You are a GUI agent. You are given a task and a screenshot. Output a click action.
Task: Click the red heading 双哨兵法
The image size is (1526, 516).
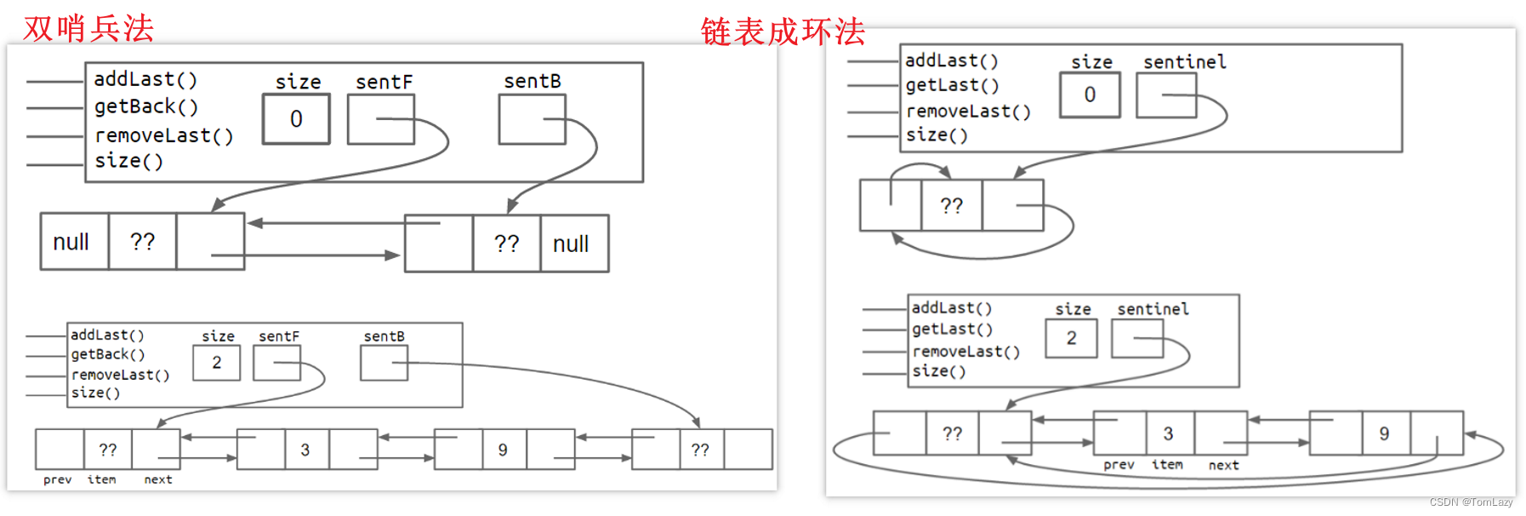[88, 28]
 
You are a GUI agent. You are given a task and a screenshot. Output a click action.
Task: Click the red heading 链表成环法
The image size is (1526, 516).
[783, 32]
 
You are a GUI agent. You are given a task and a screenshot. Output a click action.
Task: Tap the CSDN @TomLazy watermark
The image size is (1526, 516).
[1471, 502]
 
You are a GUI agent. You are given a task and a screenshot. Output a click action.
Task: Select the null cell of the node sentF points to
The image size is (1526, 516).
[71, 243]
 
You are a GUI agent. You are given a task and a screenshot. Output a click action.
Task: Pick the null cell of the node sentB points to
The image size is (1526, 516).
[571, 244]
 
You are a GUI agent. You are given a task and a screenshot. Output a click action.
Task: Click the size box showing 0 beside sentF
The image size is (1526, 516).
[296, 119]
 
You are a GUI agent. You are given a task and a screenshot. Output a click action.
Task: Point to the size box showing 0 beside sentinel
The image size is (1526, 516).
[1090, 95]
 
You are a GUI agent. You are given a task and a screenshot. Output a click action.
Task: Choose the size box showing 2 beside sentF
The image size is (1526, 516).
[217, 364]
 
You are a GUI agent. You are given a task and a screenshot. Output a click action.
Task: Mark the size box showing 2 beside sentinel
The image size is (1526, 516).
[1072, 339]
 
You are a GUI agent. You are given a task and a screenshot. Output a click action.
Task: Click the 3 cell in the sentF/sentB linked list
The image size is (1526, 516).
[305, 450]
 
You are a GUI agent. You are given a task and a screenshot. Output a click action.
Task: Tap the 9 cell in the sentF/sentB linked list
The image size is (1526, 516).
[503, 450]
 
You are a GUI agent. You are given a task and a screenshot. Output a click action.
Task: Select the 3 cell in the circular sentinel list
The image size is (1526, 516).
[1169, 434]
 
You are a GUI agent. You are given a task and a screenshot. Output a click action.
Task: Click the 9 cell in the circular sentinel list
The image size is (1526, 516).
[1385, 434]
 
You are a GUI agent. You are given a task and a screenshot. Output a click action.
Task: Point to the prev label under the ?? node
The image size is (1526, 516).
[58, 480]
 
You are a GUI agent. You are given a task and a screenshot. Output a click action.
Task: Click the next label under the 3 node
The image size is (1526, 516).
[1224, 465]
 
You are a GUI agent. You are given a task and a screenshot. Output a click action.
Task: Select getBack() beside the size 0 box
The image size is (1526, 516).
[146, 107]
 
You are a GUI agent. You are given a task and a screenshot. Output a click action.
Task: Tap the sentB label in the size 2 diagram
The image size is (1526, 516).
[384, 337]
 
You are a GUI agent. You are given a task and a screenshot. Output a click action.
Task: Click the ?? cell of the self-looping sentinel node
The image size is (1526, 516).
[952, 206]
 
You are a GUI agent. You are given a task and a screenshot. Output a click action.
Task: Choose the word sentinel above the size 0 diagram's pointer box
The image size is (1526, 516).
[1185, 62]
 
